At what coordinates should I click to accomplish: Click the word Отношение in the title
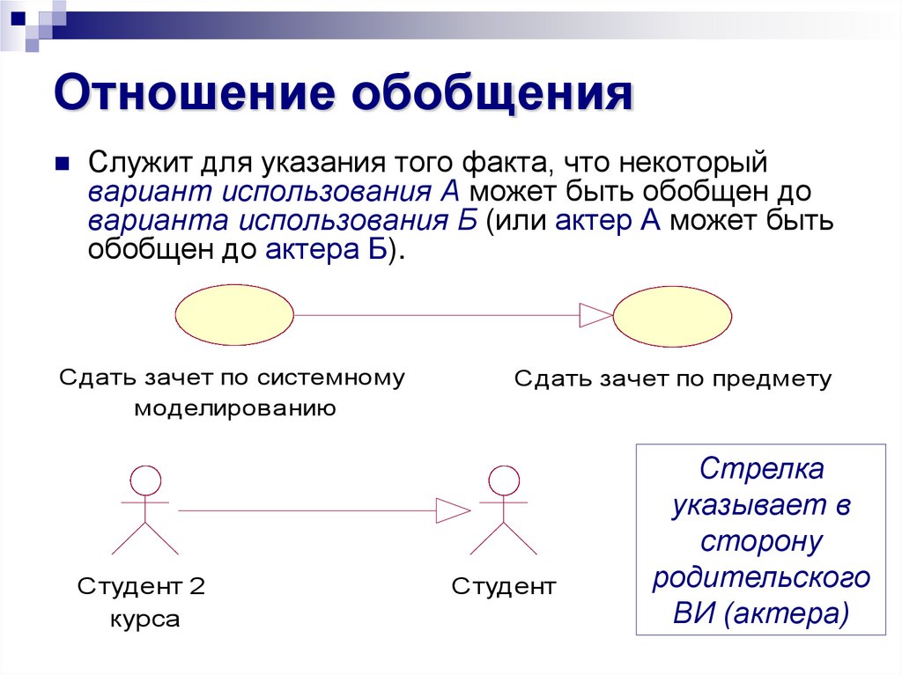(194, 95)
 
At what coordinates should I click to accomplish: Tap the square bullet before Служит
(62, 164)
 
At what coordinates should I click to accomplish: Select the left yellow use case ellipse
(234, 315)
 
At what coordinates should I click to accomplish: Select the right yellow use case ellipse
(672, 315)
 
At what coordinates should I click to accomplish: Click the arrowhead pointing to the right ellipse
(595, 315)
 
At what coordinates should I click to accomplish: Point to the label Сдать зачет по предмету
(672, 379)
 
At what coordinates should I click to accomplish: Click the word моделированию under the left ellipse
(234, 408)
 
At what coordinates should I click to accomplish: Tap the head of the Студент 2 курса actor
(145, 481)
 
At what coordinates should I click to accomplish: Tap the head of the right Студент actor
(504, 481)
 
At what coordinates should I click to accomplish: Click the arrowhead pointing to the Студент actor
(455, 510)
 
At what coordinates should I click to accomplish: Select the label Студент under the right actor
(504, 586)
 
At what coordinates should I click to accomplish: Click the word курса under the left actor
(145, 619)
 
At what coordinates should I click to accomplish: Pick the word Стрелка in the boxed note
(762, 469)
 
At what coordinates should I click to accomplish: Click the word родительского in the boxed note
(762, 577)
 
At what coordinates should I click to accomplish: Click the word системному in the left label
(331, 378)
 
